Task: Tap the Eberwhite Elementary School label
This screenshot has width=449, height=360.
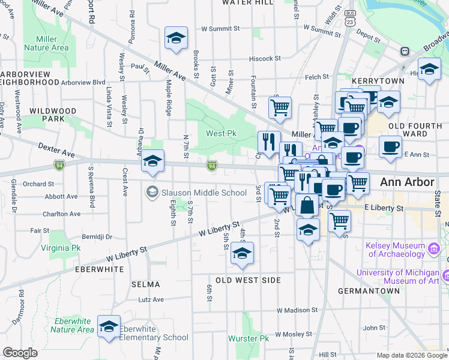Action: (154, 333)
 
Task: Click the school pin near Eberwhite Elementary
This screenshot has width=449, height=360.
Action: (109, 327)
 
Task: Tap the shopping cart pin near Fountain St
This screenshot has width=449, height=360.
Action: (280, 108)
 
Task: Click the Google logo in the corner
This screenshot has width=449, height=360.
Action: (20, 353)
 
